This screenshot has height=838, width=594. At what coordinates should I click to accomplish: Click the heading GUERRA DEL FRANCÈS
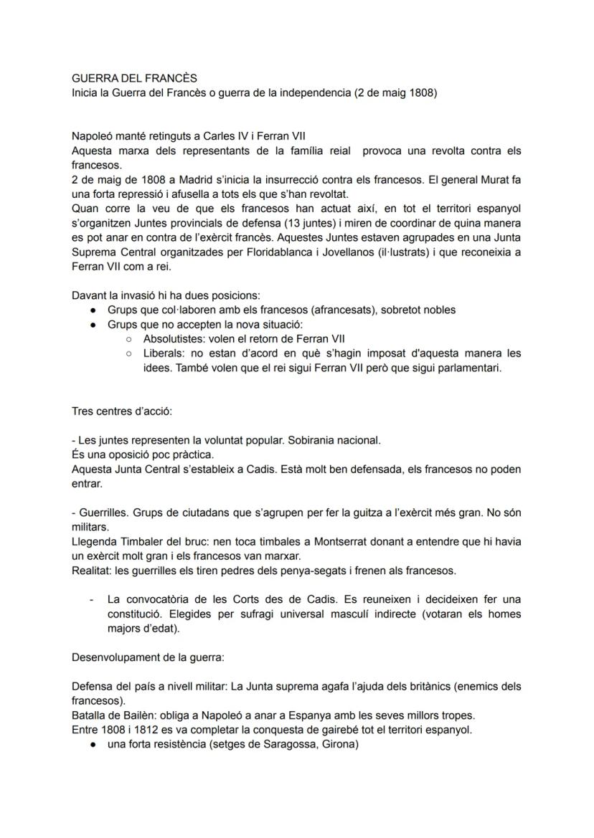134,78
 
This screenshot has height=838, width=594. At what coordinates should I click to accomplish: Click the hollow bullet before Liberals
128,353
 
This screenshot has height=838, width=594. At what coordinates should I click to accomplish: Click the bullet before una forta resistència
93,743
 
